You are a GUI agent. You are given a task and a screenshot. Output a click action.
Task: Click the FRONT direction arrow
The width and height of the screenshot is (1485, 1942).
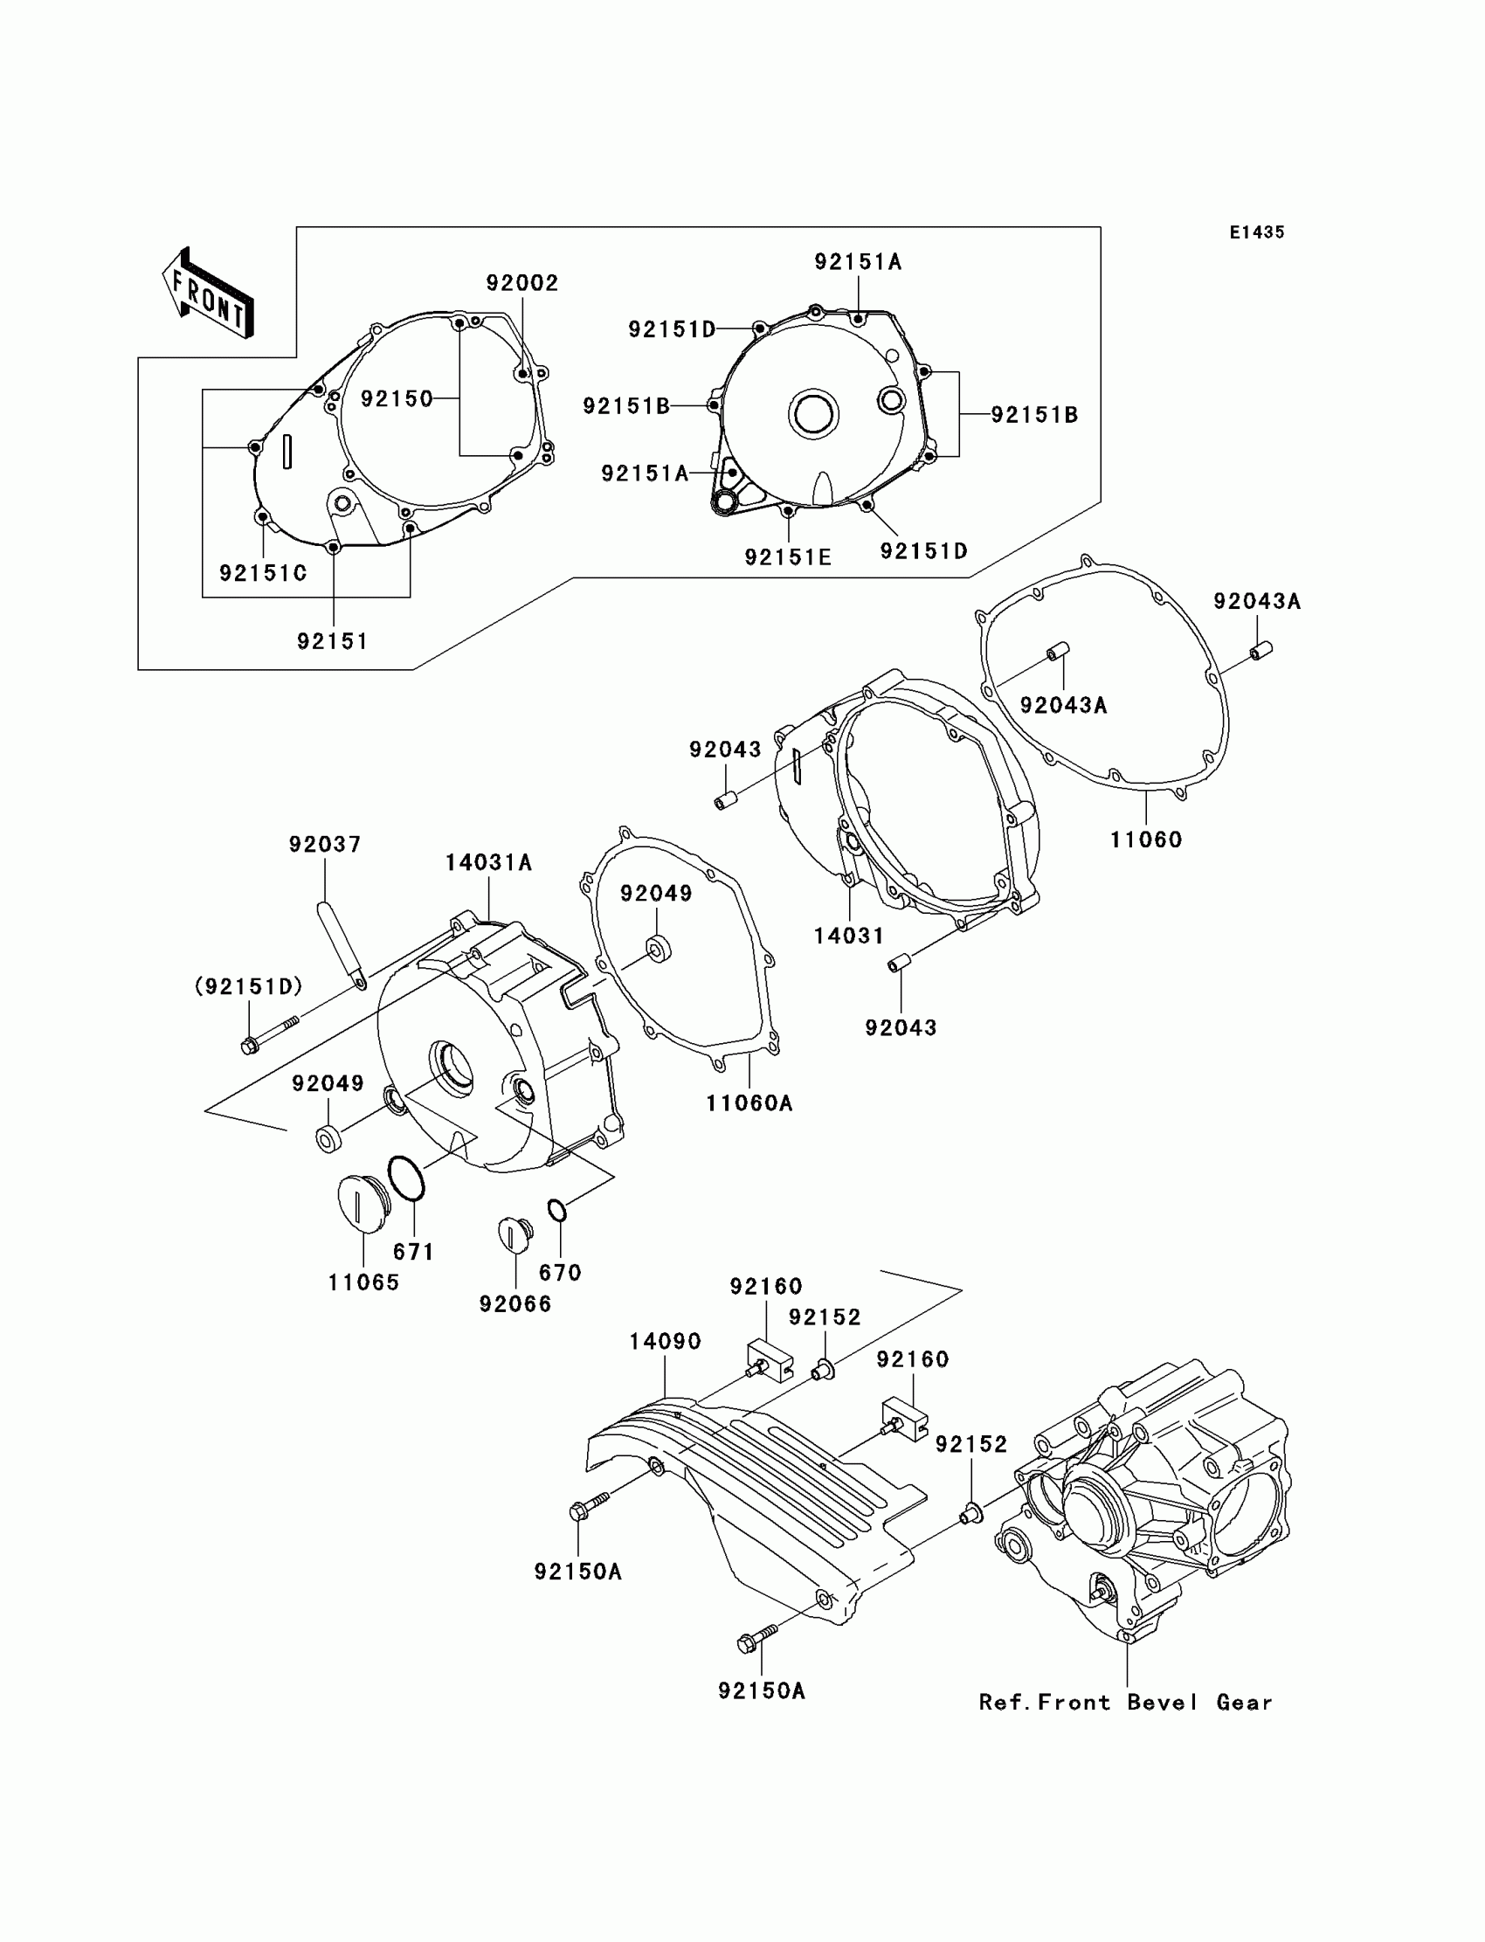click(208, 294)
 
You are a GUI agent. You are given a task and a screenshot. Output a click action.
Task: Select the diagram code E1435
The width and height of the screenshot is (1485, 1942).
click(1256, 232)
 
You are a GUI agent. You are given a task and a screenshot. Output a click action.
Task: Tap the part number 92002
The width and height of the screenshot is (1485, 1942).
click(522, 283)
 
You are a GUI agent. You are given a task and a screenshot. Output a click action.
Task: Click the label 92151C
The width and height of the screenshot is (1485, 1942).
click(264, 574)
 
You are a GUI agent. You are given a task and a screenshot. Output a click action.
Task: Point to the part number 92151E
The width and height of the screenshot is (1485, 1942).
click(788, 557)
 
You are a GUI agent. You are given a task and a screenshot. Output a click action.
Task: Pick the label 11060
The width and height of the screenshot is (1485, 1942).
click(1145, 840)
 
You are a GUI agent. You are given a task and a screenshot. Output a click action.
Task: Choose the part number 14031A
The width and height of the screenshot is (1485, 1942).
click(488, 863)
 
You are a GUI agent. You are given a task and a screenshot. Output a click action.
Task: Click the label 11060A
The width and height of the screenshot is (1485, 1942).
click(749, 1103)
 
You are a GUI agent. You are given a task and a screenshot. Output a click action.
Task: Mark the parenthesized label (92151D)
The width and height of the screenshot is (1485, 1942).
click(248, 986)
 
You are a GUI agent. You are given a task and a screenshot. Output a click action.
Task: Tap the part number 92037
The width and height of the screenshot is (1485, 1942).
click(325, 845)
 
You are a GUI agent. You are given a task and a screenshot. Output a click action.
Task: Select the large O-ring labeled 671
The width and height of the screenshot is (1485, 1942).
click(406, 1178)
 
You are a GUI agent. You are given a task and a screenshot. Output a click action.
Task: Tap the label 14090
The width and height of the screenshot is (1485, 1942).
click(665, 1342)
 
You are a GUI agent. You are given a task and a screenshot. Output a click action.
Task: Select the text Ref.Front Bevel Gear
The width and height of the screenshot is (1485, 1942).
click(1125, 1703)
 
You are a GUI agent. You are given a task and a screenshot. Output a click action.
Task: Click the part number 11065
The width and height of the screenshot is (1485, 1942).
click(363, 1282)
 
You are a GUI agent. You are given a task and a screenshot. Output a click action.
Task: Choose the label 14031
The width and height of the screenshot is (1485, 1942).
click(848, 936)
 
